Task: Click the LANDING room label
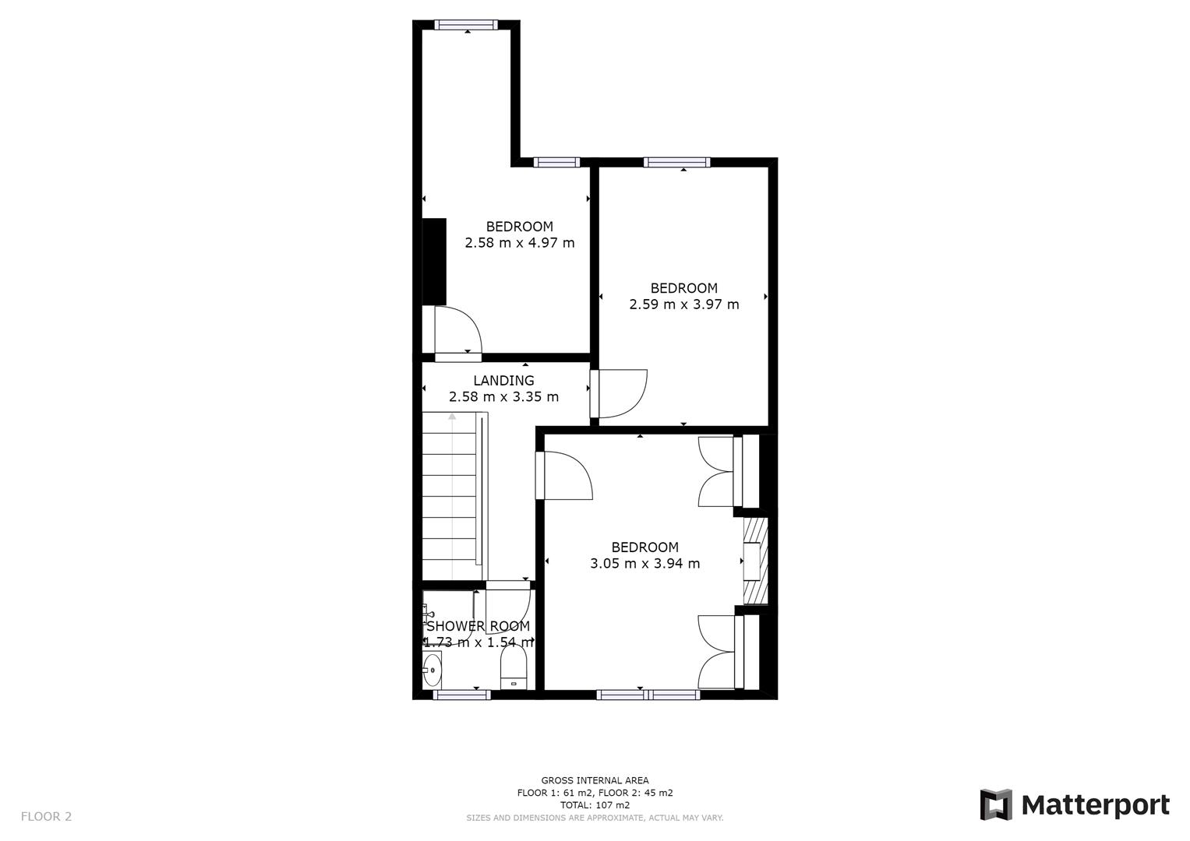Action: click(503, 381)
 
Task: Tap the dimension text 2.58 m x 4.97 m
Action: click(520, 243)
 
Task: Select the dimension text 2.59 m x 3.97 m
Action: click(684, 304)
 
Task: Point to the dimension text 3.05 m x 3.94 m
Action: click(645, 564)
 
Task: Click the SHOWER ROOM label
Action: click(478, 626)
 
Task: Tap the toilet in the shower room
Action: click(514, 670)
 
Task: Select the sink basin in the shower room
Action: click(432, 669)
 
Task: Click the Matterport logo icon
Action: click(996, 804)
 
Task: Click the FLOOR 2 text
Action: click(46, 817)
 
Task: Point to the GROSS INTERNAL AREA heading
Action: click(595, 780)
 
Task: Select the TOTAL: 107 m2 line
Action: click(595, 805)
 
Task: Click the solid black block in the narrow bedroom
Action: click(434, 262)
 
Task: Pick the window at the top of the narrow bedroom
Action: click(466, 25)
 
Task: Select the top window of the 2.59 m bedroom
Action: click(676, 162)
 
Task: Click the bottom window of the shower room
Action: click(461, 695)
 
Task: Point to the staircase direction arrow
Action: click(452, 417)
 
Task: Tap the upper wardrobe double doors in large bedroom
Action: click(717, 472)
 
